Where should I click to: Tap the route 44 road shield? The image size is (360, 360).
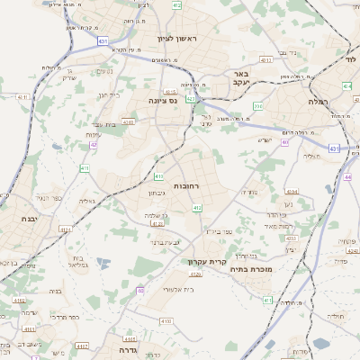coord(347,177)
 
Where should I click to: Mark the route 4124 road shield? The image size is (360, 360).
coord(66,230)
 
